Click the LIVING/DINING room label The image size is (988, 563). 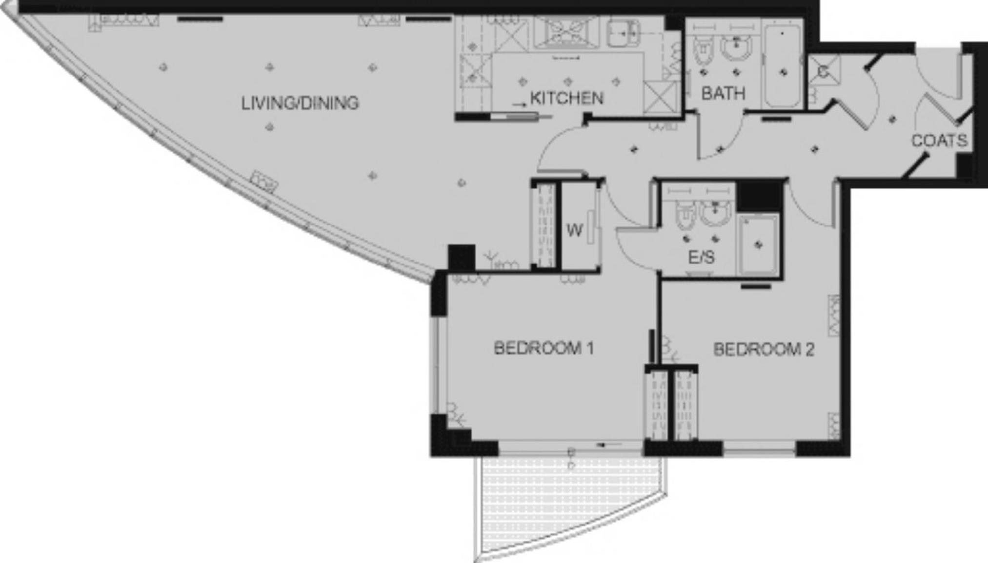point(300,103)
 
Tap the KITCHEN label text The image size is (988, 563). point(566,98)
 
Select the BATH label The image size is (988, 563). point(723,93)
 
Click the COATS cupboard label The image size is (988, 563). point(940,141)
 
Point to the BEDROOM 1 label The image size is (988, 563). point(544,348)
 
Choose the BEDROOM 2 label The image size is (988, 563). point(764,350)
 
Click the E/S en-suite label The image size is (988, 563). point(701,257)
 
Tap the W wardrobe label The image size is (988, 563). point(575,230)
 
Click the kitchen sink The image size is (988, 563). point(623,33)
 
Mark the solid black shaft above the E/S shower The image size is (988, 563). point(759,196)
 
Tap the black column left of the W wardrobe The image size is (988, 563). point(461,257)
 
